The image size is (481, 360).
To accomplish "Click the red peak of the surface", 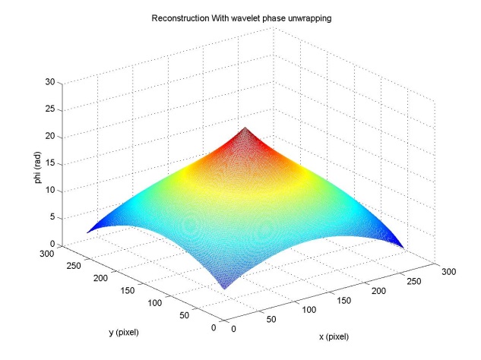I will click(x=244, y=131).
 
